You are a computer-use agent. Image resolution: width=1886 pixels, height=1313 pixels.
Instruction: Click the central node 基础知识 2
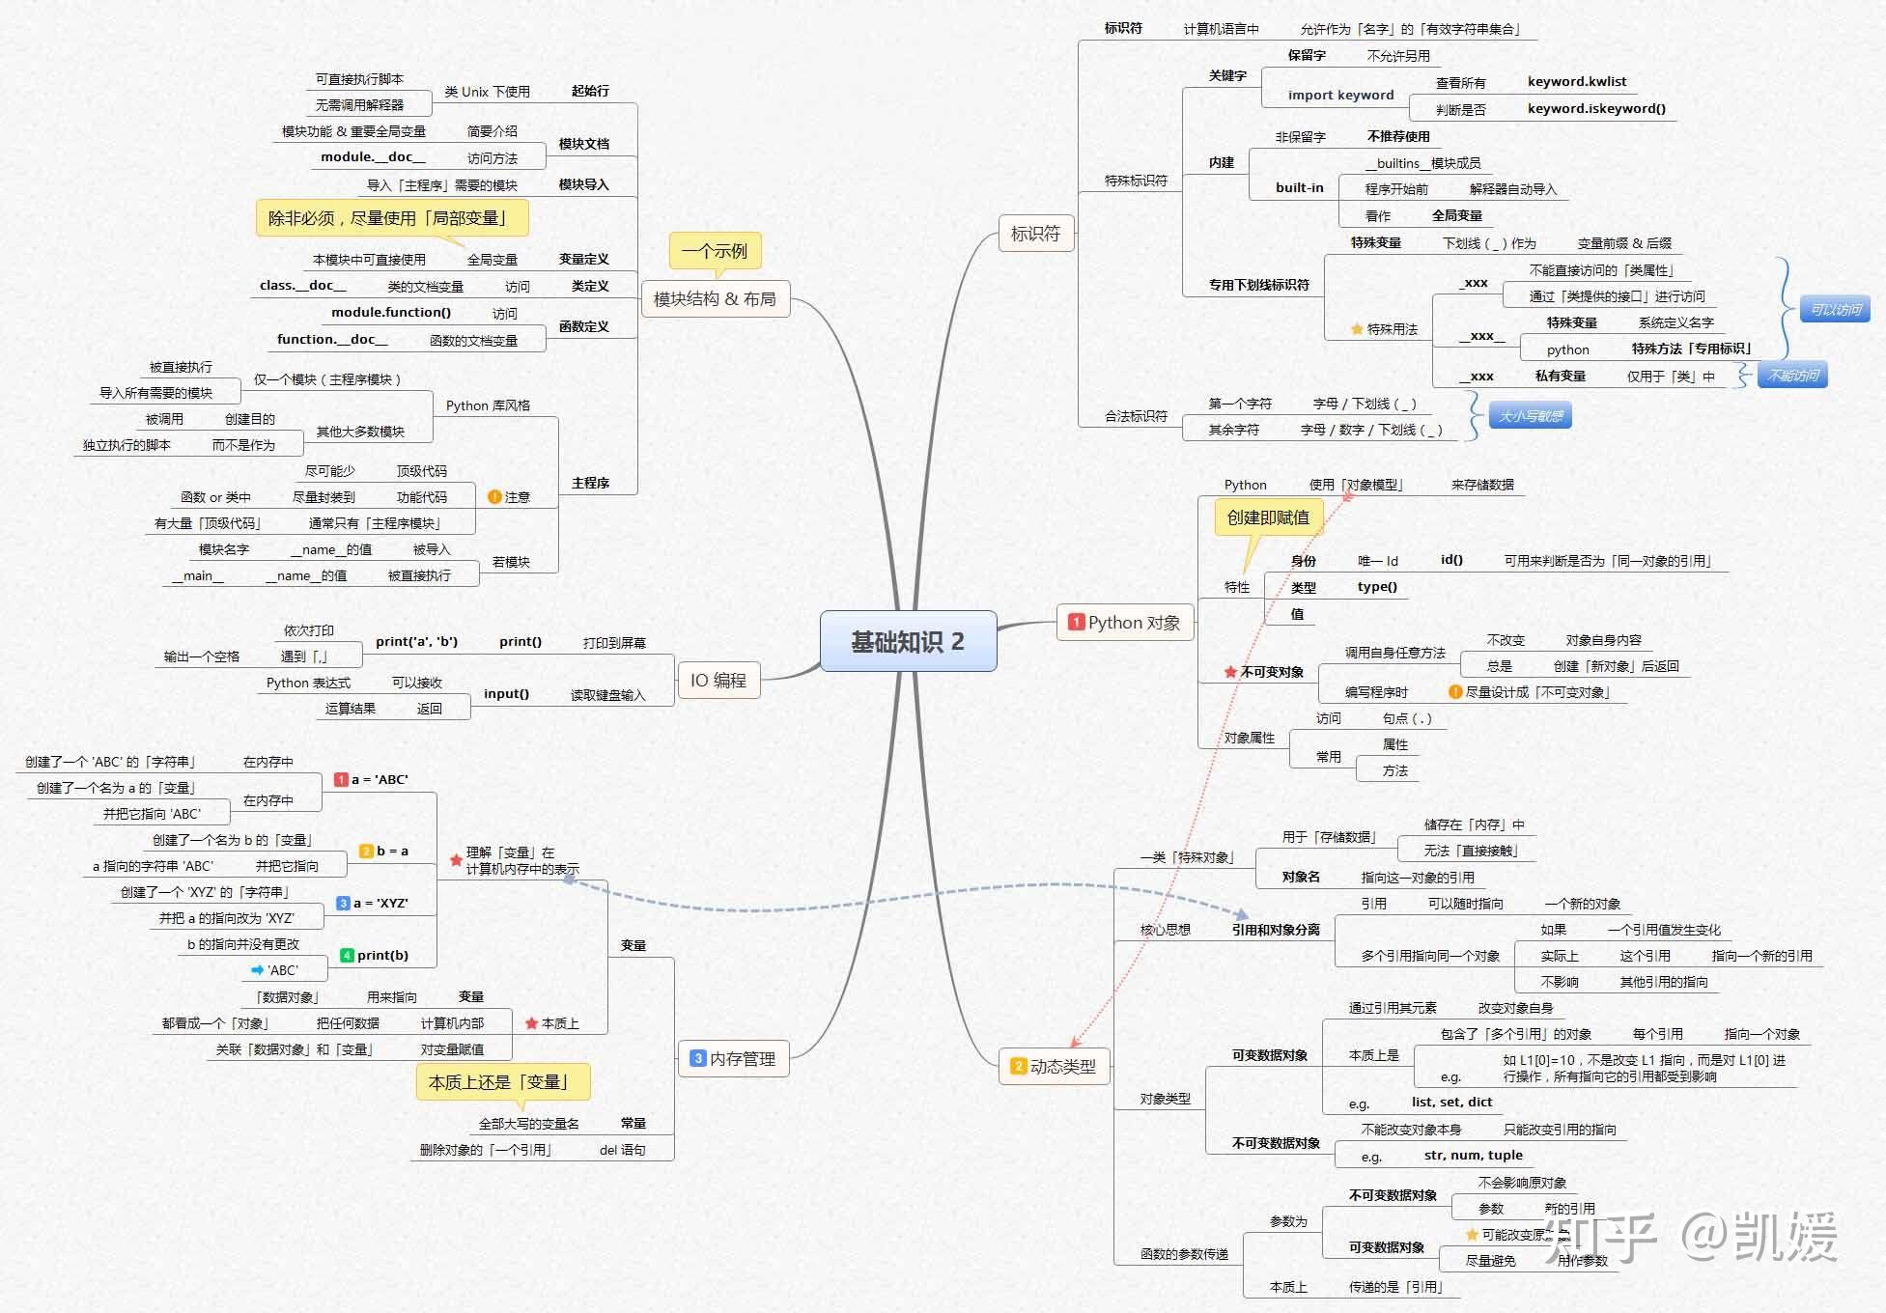[x=908, y=641]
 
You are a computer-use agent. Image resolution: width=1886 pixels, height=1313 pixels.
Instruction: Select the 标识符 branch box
[x=1035, y=233]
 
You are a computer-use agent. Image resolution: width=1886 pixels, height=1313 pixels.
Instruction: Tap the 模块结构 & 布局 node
[x=715, y=298]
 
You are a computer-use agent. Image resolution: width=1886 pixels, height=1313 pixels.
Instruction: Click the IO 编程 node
[x=718, y=681]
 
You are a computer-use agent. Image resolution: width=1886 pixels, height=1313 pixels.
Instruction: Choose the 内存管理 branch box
[x=733, y=1058]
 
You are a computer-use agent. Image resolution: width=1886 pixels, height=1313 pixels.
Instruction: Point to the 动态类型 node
[x=1054, y=1066]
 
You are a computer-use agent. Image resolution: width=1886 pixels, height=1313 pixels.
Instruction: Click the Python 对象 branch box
[x=1125, y=623]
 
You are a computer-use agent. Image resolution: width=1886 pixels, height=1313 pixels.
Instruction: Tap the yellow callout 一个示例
[x=715, y=251]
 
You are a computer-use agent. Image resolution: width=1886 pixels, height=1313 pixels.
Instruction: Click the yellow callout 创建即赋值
[x=1268, y=517]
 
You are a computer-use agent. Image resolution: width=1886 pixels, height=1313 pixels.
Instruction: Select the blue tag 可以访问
[x=1836, y=309]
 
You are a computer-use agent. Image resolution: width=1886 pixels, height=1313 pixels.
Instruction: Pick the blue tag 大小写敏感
[x=1531, y=416]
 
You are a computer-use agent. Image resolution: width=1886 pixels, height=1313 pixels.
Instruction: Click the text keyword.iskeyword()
[x=1596, y=108]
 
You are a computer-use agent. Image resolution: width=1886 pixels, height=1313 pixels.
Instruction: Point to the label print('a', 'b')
[x=416, y=641]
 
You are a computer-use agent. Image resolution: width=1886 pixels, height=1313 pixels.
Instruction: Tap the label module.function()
[x=391, y=312]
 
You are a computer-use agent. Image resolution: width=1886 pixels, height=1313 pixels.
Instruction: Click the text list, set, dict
[x=1451, y=1102]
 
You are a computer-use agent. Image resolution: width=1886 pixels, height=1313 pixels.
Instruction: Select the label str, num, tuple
[x=1473, y=1155]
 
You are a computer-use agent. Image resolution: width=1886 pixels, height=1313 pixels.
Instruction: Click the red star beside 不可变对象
[x=1230, y=672]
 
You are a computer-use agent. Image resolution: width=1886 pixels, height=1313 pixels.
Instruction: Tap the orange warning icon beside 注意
[x=494, y=496]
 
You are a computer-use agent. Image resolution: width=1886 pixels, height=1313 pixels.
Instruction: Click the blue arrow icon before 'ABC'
[x=257, y=969]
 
